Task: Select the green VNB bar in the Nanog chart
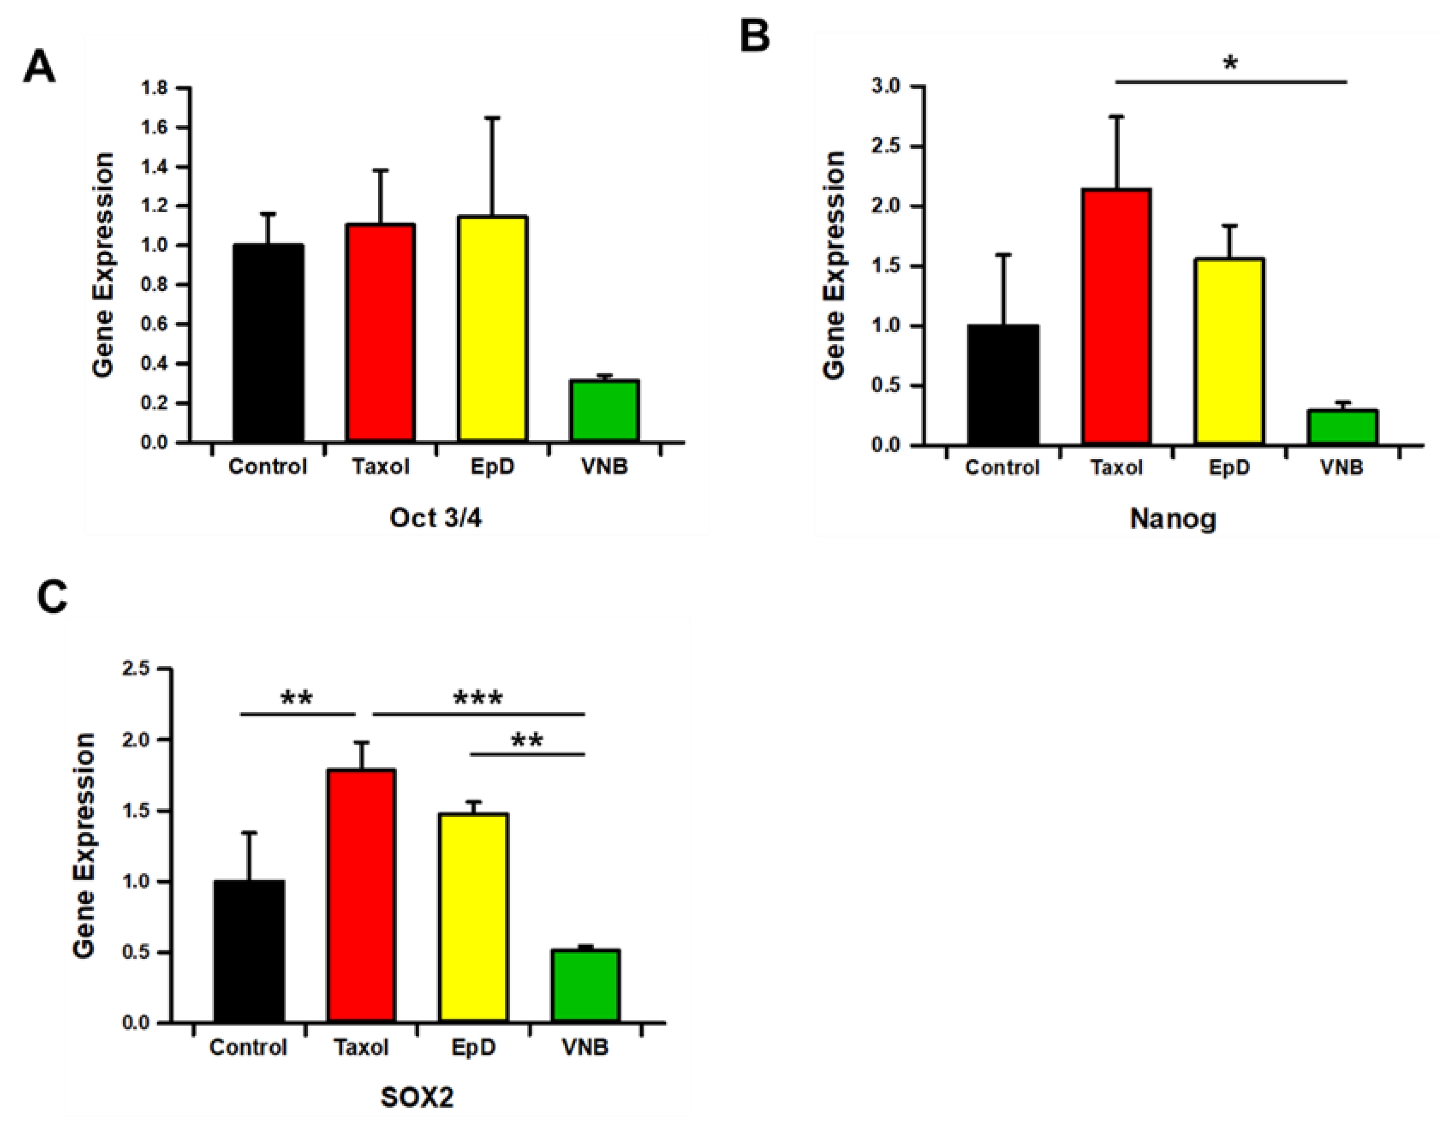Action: tap(1343, 427)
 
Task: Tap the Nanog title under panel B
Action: tap(1172, 519)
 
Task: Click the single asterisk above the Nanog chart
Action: tap(1230, 64)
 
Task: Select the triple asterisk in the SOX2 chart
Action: tap(478, 698)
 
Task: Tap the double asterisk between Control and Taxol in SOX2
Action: tap(297, 698)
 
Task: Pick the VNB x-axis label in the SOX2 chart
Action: tap(585, 1047)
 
